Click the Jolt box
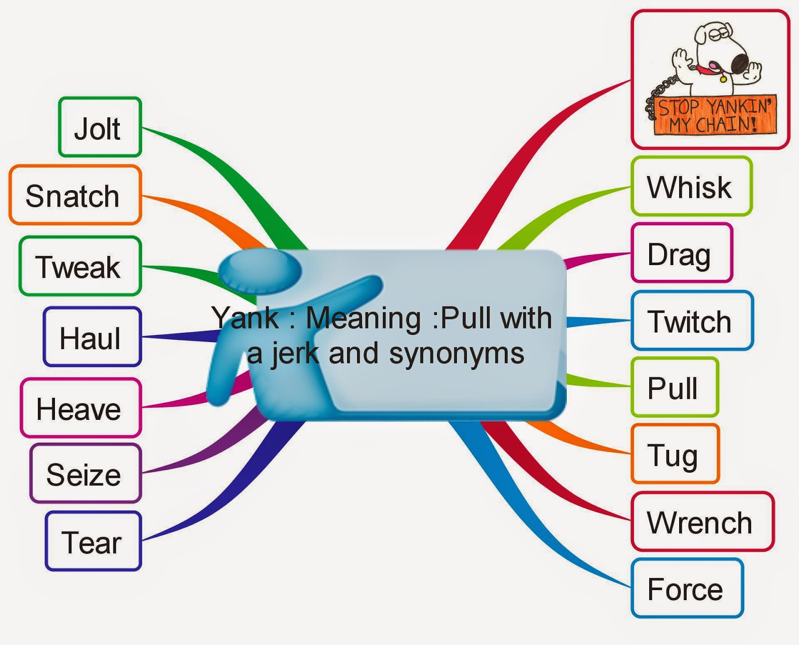coord(100,128)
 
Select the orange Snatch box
coord(75,195)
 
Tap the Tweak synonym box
coord(80,267)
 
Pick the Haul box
coord(92,337)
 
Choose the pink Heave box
coord(80,408)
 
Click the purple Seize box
coord(85,474)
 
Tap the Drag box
coord(681,254)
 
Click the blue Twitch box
coord(692,321)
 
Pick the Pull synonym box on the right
coord(674,388)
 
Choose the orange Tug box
coord(674,454)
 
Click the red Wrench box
coord(702,522)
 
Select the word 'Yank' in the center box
coord(245,318)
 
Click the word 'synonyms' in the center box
coord(456,354)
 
